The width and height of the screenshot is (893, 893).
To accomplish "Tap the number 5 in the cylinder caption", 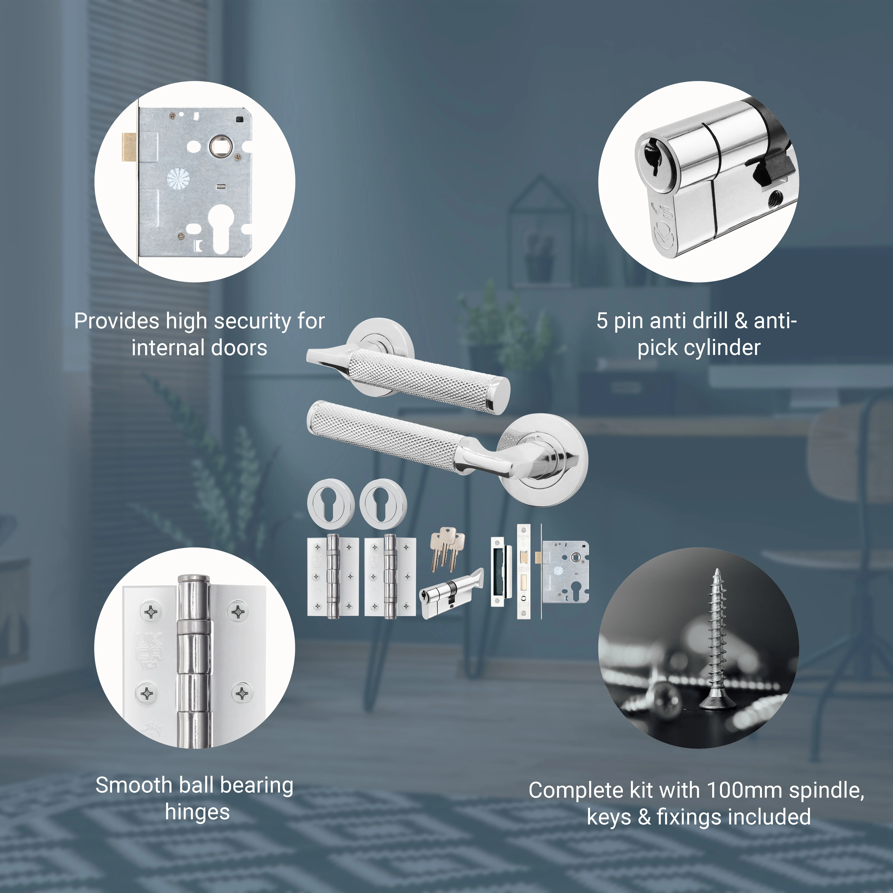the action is point(602,321).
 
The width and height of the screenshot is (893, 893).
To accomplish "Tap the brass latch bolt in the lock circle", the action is point(129,147).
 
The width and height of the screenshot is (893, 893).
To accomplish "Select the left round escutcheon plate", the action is point(331,504).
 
